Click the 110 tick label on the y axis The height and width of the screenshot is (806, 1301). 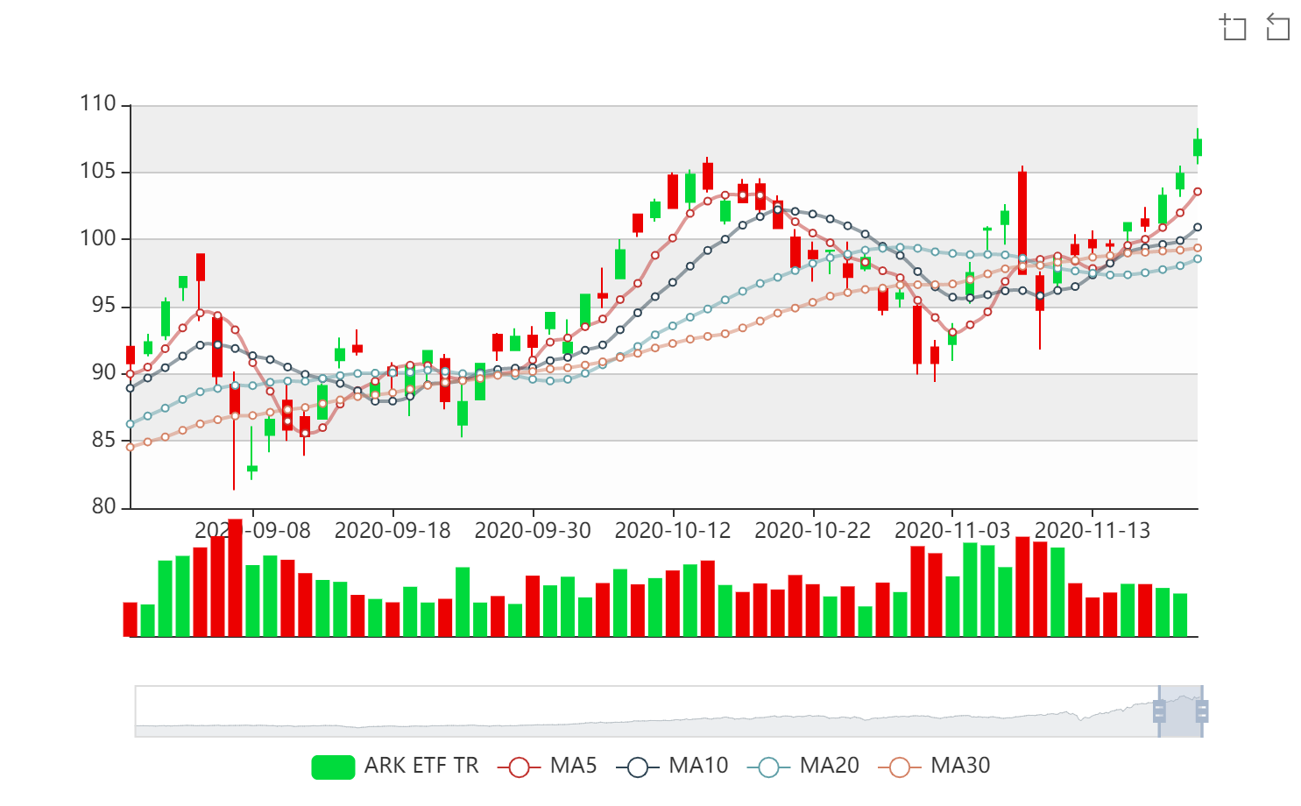[98, 104]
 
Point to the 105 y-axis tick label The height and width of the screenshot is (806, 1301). [98, 171]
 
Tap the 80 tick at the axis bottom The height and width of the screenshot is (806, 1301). [103, 506]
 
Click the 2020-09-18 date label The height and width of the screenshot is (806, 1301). [392, 531]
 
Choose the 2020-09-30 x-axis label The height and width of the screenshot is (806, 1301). [533, 531]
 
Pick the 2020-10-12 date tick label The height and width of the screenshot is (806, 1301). [673, 531]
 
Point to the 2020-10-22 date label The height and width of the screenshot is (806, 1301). [813, 531]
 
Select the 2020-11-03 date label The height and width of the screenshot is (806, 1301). [952, 531]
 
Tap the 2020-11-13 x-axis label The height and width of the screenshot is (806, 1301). [1092, 531]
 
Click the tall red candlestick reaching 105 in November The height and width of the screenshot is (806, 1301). [1022, 223]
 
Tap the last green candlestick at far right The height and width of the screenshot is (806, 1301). [1198, 147]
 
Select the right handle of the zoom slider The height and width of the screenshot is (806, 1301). [1202, 711]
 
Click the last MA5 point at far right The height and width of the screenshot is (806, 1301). [1198, 192]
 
